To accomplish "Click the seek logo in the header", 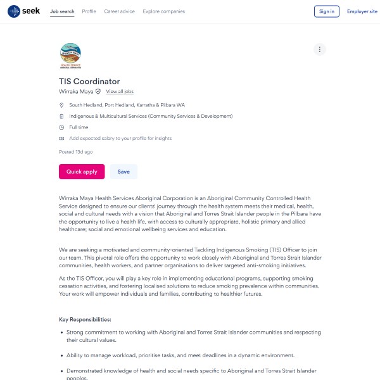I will click(23, 11).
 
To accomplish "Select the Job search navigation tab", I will click(62, 11).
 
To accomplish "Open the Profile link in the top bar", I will click(89, 11).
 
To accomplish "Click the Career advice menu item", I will click(120, 11).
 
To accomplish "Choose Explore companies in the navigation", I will click(164, 11).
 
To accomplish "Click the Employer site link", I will click(362, 11).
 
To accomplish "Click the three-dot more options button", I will click(320, 49).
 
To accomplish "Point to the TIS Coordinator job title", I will click(89, 81).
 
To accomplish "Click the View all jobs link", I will click(120, 92).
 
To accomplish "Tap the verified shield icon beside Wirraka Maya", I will click(98, 92).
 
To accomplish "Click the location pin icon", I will click(61, 105).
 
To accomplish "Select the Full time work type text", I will click(79, 127).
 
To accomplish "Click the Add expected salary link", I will click(120, 138).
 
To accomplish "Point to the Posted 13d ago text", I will click(76, 152).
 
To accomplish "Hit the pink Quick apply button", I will click(82, 172).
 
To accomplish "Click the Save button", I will click(123, 172).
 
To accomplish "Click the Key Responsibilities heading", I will click(85, 319).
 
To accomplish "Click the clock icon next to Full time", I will click(61, 127).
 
